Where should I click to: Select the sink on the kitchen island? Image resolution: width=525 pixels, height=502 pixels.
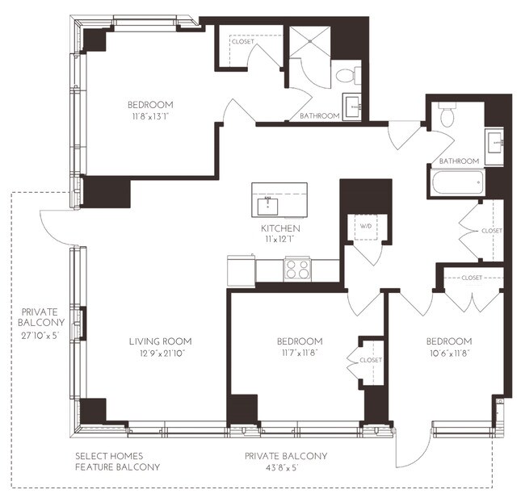point(267,205)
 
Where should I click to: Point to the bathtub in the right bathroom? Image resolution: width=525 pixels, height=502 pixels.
point(457,182)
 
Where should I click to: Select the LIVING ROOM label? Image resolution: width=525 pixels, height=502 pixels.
point(160,341)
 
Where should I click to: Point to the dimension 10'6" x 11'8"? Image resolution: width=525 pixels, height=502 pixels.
point(449,353)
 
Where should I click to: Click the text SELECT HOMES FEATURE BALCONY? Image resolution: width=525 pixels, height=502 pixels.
point(117,462)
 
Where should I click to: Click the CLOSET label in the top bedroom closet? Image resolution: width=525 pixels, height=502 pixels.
point(242,41)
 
